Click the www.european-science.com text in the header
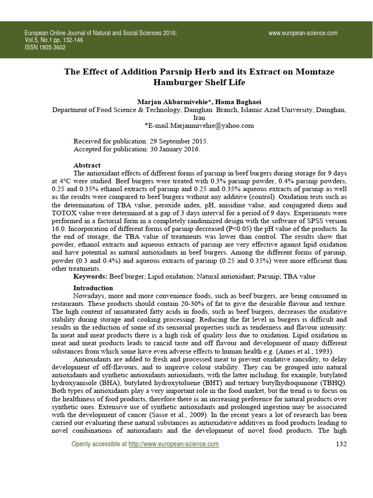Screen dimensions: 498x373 303,33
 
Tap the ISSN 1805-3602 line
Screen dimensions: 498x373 45,48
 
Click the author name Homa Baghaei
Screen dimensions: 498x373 241,101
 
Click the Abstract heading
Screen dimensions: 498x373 87,165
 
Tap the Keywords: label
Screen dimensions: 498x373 90,276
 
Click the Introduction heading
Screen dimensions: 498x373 93,288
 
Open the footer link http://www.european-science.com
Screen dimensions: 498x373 173,444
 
